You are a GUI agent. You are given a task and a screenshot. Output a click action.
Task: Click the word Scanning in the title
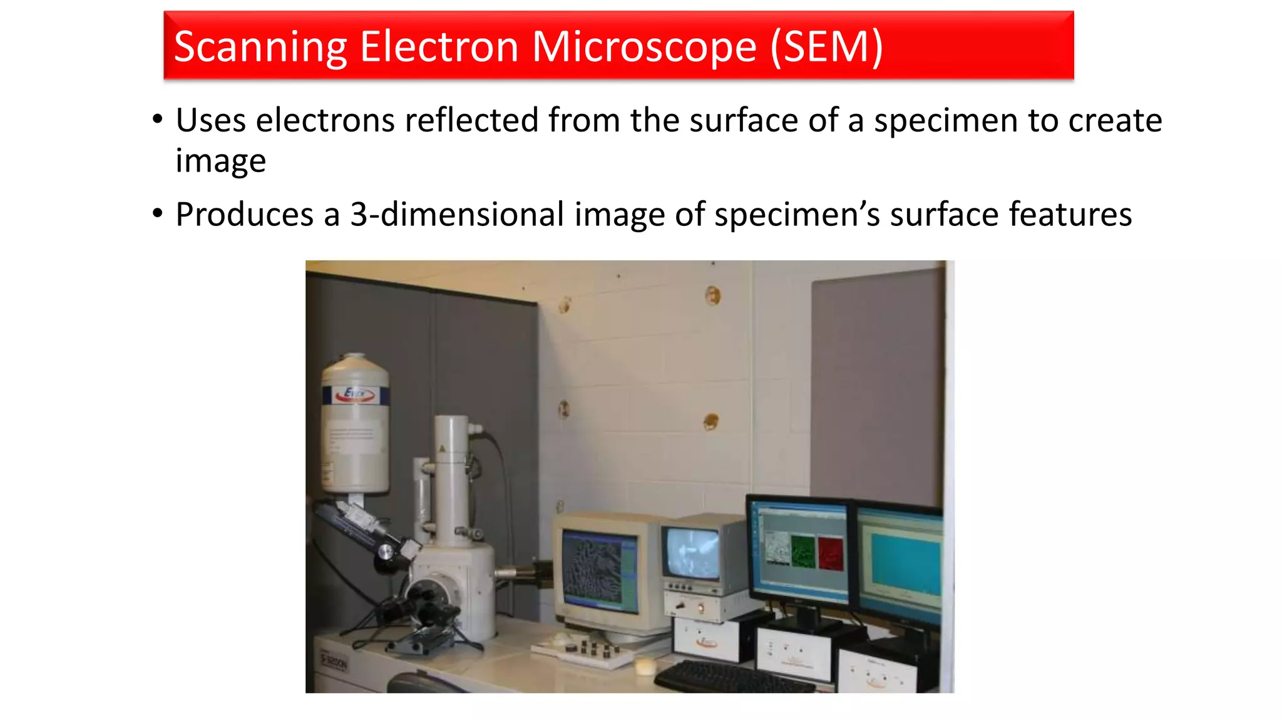click(x=260, y=47)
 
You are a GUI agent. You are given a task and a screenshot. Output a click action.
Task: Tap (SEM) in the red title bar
click(x=826, y=47)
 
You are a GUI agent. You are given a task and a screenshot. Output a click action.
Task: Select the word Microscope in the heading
click(x=644, y=47)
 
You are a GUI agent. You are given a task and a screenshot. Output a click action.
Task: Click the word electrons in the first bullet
click(x=325, y=120)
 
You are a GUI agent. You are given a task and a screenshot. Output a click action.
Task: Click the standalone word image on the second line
click(x=220, y=161)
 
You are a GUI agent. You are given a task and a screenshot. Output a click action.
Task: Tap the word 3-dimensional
click(x=457, y=215)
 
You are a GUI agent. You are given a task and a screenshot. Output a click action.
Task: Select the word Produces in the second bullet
click(x=245, y=215)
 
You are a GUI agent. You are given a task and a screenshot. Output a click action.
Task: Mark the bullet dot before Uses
click(x=158, y=119)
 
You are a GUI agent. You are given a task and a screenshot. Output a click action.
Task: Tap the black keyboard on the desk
click(x=732, y=677)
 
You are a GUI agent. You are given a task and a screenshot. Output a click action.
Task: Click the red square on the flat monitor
click(x=831, y=553)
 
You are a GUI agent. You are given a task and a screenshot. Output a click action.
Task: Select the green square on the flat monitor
click(x=803, y=550)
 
